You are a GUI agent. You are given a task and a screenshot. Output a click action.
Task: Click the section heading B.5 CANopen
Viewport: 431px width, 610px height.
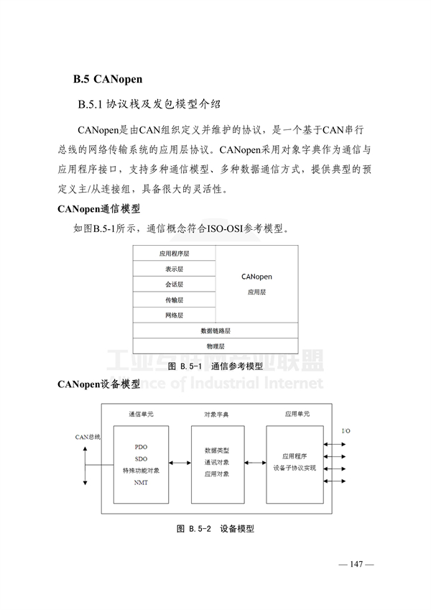coord(108,79)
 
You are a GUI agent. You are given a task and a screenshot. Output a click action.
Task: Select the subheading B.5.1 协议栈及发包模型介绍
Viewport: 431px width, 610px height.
coord(149,104)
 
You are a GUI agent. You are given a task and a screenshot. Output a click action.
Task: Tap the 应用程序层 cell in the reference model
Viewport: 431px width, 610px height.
coord(175,253)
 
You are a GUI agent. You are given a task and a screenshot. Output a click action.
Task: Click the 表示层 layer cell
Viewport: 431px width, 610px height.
coord(175,269)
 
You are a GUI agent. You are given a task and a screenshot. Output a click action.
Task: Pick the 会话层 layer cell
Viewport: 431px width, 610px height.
coord(175,285)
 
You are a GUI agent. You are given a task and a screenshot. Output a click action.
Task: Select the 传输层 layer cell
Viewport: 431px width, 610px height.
coord(175,300)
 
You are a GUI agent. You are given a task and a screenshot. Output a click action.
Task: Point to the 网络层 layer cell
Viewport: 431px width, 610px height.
coord(175,315)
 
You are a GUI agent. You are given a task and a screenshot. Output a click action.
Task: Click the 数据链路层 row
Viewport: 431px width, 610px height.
coord(215,331)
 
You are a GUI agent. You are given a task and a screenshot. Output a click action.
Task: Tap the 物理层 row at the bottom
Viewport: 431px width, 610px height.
coord(215,346)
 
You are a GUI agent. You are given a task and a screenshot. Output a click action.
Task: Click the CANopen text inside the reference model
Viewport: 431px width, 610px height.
coord(256,277)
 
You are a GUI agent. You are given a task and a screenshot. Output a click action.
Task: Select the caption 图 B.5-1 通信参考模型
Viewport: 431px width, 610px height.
coord(215,366)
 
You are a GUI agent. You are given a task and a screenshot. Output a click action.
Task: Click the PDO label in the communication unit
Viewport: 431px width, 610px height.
coord(141,447)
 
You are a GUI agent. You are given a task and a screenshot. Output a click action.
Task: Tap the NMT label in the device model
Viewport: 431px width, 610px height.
coord(141,482)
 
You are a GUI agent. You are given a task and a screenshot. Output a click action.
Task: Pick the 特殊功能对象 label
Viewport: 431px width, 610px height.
coord(141,471)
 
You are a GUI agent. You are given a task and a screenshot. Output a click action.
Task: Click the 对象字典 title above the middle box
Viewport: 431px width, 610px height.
coord(217,415)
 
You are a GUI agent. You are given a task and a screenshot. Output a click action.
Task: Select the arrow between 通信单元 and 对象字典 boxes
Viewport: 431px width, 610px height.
coord(180,463)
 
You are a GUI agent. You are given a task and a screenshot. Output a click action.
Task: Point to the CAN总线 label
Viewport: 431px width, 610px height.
coord(88,437)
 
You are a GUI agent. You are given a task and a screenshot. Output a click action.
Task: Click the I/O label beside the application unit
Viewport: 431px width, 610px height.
coord(346,430)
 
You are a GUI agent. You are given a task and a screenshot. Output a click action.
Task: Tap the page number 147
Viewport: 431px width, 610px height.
coord(356,564)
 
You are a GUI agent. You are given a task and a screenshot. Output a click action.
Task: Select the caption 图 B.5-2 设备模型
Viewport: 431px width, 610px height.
coord(215,529)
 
